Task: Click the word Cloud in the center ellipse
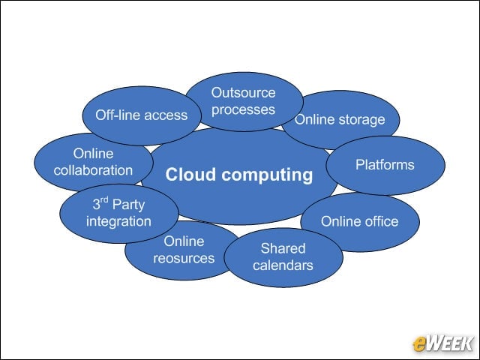190,175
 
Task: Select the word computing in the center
267,175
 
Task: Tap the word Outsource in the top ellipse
243,93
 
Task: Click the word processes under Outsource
243,110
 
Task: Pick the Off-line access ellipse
142,115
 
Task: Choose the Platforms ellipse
385,165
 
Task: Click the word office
382,221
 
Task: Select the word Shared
283,248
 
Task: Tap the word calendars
283,265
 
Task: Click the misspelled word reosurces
184,258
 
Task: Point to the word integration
118,221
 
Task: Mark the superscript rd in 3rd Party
104,200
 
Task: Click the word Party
128,205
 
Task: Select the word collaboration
93,170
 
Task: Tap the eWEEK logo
443,343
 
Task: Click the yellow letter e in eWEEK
419,345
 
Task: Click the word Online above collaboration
93,153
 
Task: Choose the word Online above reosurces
184,241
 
